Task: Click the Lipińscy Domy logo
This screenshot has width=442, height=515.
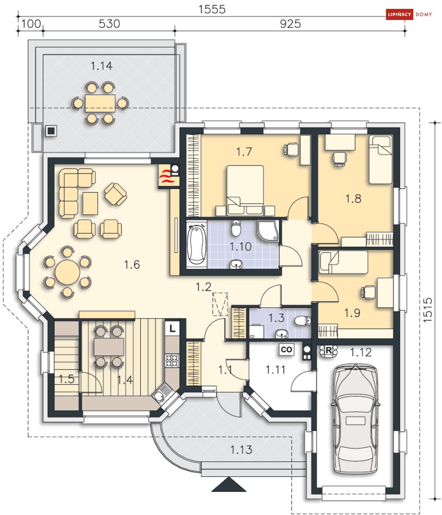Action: click(x=409, y=15)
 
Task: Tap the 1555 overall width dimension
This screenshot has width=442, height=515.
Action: click(x=212, y=9)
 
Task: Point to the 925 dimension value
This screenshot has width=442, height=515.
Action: click(x=291, y=24)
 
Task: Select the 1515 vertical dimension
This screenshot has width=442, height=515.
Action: click(x=427, y=310)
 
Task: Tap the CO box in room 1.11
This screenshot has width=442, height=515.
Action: click(x=287, y=350)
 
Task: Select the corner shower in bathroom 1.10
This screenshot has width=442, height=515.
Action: click(x=268, y=231)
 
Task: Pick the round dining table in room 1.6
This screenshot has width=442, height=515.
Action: click(x=68, y=272)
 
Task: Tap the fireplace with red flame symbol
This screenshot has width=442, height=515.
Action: click(x=169, y=176)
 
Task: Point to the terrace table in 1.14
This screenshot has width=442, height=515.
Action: click(x=100, y=103)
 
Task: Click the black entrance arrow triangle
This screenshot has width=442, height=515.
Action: click(x=229, y=484)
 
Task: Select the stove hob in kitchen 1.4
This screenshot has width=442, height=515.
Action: click(x=172, y=360)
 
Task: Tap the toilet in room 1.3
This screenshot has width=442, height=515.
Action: click(x=303, y=320)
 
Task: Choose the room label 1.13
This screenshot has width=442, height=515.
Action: click(x=241, y=450)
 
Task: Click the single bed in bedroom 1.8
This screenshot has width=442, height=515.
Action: click(x=381, y=160)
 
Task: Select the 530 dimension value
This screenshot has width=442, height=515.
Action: click(x=109, y=24)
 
